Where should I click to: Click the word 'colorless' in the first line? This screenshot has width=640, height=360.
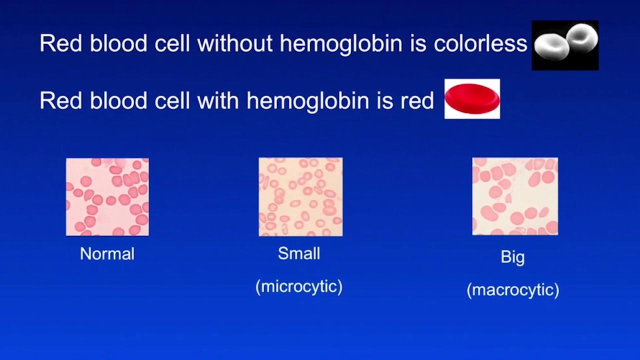tap(480, 43)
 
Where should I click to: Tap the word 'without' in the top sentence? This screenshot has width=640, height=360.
tap(234, 43)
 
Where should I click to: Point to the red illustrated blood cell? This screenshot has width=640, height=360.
tap(472, 99)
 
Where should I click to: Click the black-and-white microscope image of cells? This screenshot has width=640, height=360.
tap(565, 45)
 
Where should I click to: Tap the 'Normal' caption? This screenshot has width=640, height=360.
tap(107, 253)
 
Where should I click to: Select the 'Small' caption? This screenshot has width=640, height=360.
tap(299, 253)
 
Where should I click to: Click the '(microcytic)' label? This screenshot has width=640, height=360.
tap(299, 286)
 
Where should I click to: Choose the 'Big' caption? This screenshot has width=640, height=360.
tap(512, 257)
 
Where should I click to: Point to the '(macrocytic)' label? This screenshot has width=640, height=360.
tap(513, 290)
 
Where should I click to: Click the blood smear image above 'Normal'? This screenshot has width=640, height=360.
tap(107, 197)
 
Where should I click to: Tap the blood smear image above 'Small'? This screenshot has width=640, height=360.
tap(300, 197)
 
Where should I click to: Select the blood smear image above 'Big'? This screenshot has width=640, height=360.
tap(515, 196)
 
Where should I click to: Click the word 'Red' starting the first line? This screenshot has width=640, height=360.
tap(61, 43)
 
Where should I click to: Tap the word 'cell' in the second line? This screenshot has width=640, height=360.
tap(172, 100)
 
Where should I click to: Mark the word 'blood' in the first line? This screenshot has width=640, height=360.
tap(118, 43)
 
